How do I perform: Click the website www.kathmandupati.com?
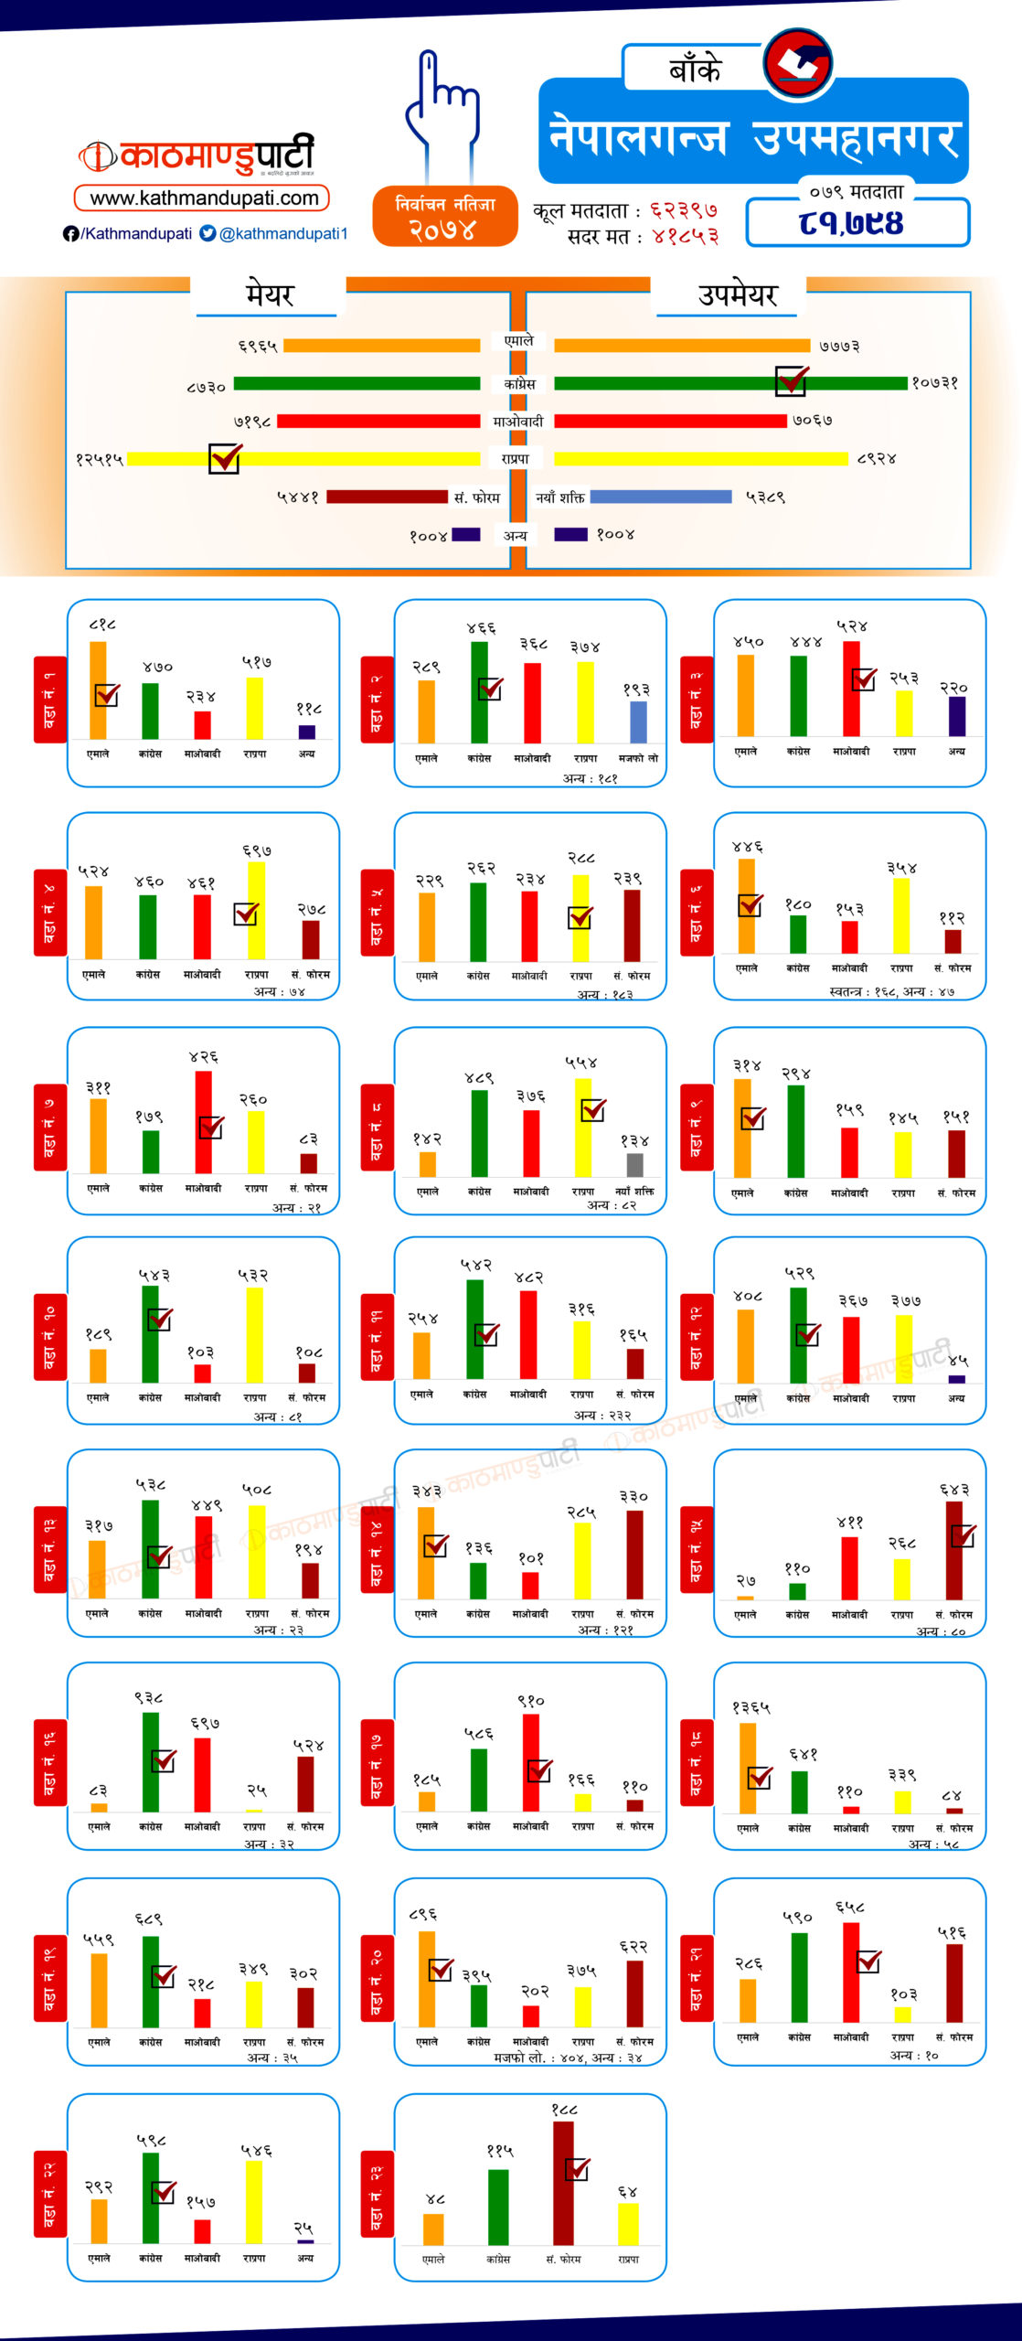pyautogui.click(x=203, y=198)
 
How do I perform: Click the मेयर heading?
pyautogui.click(x=269, y=294)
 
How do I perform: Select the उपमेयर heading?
pyautogui.click(x=737, y=294)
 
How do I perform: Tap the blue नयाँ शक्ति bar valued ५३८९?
pyautogui.click(x=661, y=497)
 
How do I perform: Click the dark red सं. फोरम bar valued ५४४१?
pyautogui.click(x=387, y=497)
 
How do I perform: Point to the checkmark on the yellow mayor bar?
pyautogui.click(x=225, y=457)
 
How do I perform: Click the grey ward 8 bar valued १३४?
pyautogui.click(x=634, y=1164)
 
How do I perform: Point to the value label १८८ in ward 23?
pyautogui.click(x=564, y=2109)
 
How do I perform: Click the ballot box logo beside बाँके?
pyautogui.click(x=798, y=62)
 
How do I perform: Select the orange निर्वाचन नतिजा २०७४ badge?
pyautogui.click(x=444, y=217)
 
